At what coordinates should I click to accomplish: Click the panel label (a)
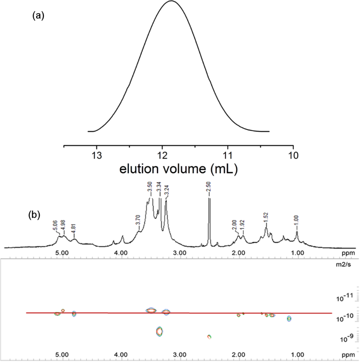click(x=38, y=16)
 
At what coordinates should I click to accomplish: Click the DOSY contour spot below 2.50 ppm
click(x=209, y=337)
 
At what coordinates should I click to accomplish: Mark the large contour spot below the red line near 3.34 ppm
click(x=160, y=331)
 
